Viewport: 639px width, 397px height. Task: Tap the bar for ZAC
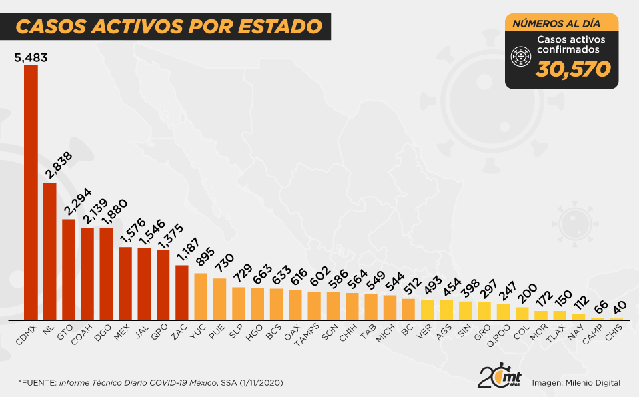(181, 292)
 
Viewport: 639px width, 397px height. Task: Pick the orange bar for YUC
(201, 296)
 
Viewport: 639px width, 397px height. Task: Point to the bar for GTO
(69, 269)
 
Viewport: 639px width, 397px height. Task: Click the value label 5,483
(31, 58)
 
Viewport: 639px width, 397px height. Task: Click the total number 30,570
(574, 69)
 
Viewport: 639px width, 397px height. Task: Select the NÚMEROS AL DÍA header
(561, 23)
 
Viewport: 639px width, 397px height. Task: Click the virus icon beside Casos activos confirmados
(520, 58)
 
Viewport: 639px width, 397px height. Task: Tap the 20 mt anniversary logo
(499, 377)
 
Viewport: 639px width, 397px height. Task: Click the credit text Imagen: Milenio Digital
(576, 382)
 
